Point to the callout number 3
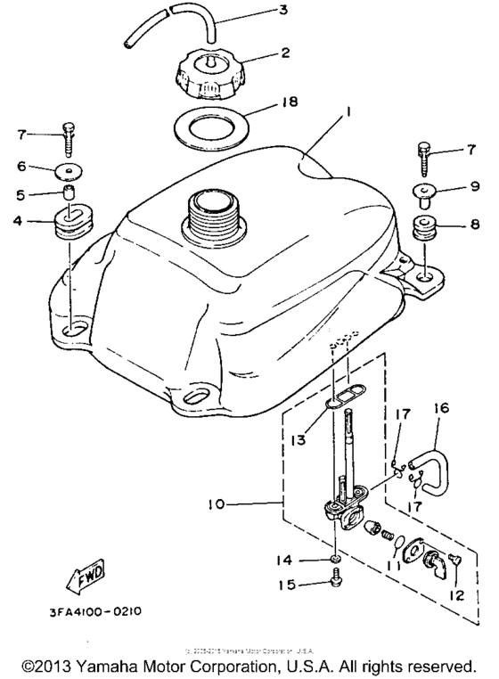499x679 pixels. pos(282,11)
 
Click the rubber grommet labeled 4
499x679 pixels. pos(71,223)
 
